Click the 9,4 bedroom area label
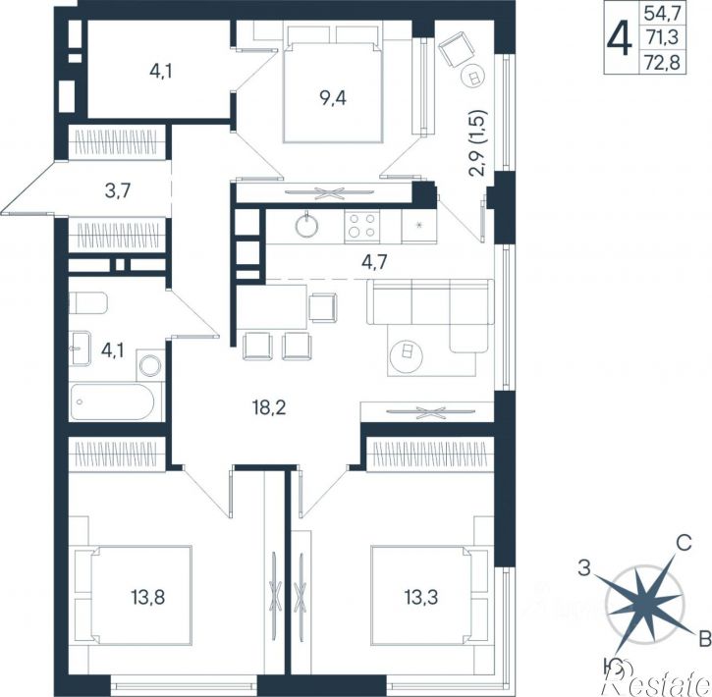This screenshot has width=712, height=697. pyautogui.click(x=333, y=98)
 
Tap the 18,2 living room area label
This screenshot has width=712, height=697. pyautogui.click(x=269, y=408)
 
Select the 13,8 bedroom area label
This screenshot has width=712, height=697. pyautogui.click(x=148, y=598)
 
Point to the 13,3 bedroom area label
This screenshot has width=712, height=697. pyautogui.click(x=421, y=598)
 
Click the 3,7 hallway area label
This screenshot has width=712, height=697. pyautogui.click(x=118, y=190)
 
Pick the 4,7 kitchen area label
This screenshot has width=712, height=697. pyautogui.click(x=374, y=262)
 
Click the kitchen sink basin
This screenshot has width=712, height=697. pyautogui.click(x=306, y=225)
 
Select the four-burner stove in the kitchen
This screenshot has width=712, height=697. pyautogui.click(x=362, y=226)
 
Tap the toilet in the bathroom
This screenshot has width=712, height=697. pyautogui.click(x=88, y=303)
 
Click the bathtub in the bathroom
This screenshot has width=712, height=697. pyautogui.click(x=113, y=402)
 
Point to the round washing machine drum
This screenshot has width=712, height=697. pyautogui.click(x=150, y=365)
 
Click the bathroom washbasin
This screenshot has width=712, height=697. pyautogui.click(x=80, y=348)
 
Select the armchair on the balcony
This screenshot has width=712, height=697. pyautogui.click(x=457, y=49)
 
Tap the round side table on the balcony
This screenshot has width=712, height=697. pyautogui.click(x=473, y=77)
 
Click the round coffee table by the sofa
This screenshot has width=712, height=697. pyautogui.click(x=406, y=352)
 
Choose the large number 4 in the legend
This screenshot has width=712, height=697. pyautogui.click(x=620, y=39)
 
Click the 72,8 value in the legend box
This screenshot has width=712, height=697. pyautogui.click(x=662, y=63)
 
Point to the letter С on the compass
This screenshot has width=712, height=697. pyautogui.click(x=684, y=542)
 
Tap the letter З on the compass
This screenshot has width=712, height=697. pyautogui.click(x=584, y=567)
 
